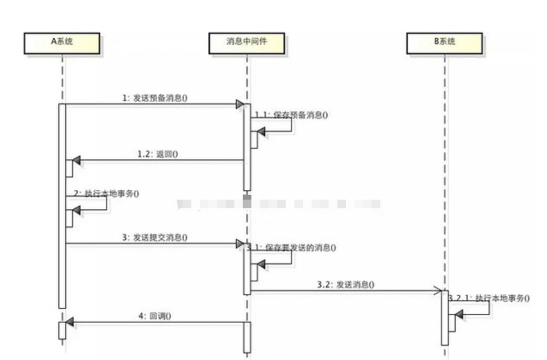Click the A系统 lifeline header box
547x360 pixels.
click(x=62, y=43)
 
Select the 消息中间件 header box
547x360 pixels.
click(x=247, y=43)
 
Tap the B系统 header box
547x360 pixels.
click(x=444, y=43)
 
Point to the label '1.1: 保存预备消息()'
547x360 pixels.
click(x=291, y=115)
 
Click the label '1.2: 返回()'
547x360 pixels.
click(x=158, y=154)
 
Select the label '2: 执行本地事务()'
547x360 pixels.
click(x=105, y=194)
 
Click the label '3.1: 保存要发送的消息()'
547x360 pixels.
click(x=290, y=248)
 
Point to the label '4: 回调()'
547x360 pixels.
click(x=158, y=315)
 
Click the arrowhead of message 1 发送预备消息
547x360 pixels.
click(x=239, y=104)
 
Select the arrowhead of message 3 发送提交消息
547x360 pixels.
click(x=239, y=244)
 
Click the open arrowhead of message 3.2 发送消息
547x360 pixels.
click(x=437, y=292)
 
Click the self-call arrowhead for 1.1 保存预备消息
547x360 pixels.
click(x=261, y=132)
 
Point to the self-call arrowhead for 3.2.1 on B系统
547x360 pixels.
click(x=459, y=314)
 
